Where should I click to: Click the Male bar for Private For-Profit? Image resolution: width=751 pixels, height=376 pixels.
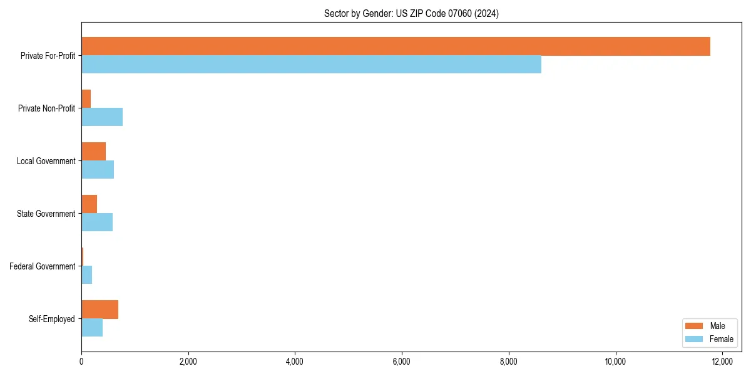396,46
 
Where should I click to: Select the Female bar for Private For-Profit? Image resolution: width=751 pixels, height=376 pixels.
311,65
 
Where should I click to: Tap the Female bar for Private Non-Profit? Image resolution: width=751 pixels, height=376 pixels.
102,117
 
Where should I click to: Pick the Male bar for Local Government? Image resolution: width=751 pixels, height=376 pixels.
93,152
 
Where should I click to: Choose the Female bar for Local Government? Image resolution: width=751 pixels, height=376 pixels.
98,170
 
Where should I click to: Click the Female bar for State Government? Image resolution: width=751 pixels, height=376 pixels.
97,222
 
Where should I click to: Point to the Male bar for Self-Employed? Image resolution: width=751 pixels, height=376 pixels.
100,310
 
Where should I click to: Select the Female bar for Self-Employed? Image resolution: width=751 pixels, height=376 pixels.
92,328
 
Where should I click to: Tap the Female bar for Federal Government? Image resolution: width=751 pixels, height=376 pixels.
87,275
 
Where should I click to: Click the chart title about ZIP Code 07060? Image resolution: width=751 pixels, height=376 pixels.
411,13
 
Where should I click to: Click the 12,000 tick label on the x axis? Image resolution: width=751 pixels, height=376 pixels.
722,362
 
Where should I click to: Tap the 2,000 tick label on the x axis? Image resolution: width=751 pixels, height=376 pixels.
188,362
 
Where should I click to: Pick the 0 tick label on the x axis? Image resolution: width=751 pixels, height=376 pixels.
81,362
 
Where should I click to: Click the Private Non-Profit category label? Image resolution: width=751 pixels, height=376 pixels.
46,108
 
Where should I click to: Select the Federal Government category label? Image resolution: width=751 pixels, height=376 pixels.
43,266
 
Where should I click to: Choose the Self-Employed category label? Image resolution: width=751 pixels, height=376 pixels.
52,319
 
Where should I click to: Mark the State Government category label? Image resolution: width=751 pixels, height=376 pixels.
46,214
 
